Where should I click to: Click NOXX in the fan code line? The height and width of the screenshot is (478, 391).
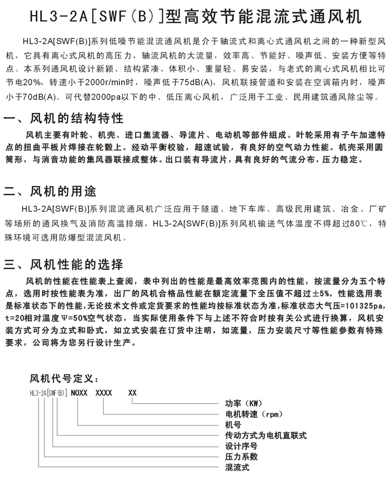tap(80, 393)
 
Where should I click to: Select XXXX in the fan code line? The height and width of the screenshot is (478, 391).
tap(104, 393)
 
